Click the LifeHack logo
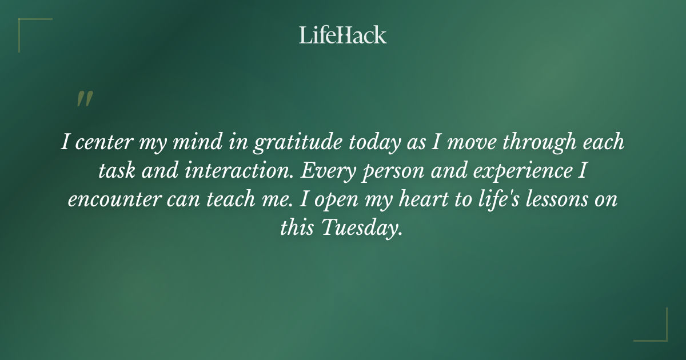(x=343, y=35)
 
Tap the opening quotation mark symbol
(x=85, y=99)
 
